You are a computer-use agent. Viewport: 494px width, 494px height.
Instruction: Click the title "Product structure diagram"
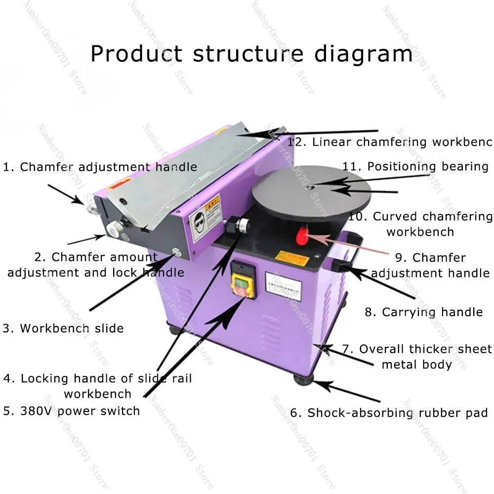click(x=251, y=53)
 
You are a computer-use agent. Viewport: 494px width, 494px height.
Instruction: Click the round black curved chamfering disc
click(x=311, y=188)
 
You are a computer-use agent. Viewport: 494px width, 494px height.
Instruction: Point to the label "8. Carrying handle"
click(x=424, y=312)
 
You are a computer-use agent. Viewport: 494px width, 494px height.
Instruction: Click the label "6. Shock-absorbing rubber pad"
click(x=389, y=413)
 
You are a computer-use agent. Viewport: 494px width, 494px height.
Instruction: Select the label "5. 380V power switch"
click(x=71, y=411)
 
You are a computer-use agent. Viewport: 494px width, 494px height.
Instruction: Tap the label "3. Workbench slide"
click(x=63, y=329)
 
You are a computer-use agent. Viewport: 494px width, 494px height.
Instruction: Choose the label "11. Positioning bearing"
click(x=415, y=166)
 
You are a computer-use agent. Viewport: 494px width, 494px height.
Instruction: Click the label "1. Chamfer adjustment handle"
click(x=100, y=167)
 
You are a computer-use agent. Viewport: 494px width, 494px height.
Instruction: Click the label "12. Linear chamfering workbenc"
click(x=390, y=142)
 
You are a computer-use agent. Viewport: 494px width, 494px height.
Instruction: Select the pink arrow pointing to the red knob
click(x=341, y=241)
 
